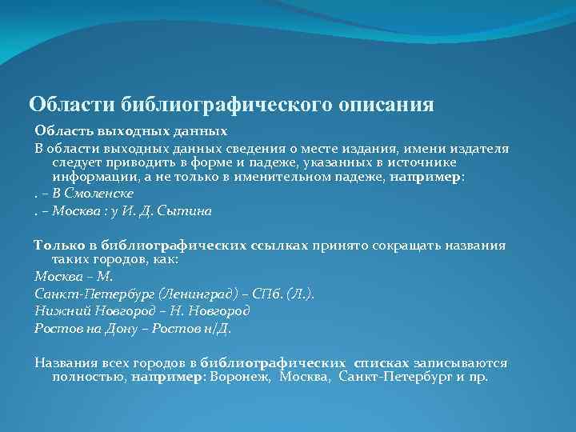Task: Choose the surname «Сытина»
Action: tap(189, 211)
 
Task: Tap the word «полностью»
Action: tap(86, 377)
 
